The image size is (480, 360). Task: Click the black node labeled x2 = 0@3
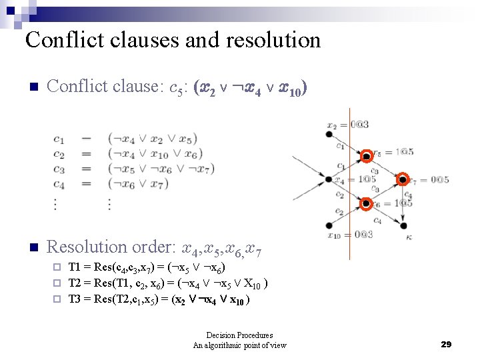[329, 134]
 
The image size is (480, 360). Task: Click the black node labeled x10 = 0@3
[329, 225]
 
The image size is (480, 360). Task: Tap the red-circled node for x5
[366, 157]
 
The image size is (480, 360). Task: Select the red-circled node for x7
[403, 179]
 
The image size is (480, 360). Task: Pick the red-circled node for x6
[366, 203]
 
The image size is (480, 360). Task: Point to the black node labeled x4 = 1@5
[329, 179]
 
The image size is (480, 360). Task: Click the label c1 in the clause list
[59, 139]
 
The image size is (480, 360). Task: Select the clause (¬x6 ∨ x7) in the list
[141, 184]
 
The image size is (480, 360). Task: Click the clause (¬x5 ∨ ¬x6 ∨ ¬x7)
[160, 169]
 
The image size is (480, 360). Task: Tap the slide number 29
[446, 344]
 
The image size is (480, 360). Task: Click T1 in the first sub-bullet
[75, 267]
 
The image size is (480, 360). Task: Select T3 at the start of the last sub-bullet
[75, 299]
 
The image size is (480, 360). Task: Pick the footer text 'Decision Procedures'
[239, 335]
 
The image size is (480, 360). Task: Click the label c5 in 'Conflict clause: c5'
[177, 87]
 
